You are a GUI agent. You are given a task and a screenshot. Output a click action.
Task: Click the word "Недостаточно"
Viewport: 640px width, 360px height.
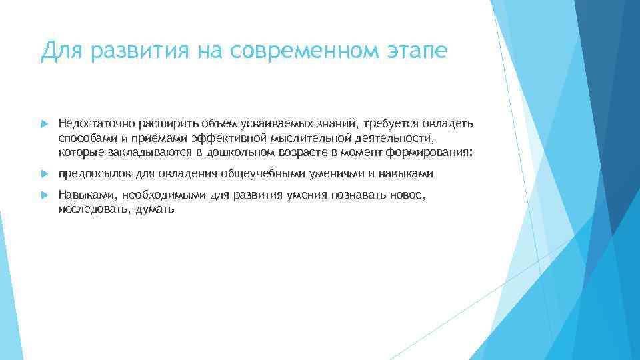pyautogui.click(x=87, y=123)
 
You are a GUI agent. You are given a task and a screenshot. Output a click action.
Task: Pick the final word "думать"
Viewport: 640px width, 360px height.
pyautogui.click(x=155, y=209)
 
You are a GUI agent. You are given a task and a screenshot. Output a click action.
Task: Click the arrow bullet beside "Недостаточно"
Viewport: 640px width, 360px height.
pyautogui.click(x=45, y=124)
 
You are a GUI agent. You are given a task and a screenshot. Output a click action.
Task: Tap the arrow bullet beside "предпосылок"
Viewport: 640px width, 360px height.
pyautogui.click(x=45, y=175)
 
